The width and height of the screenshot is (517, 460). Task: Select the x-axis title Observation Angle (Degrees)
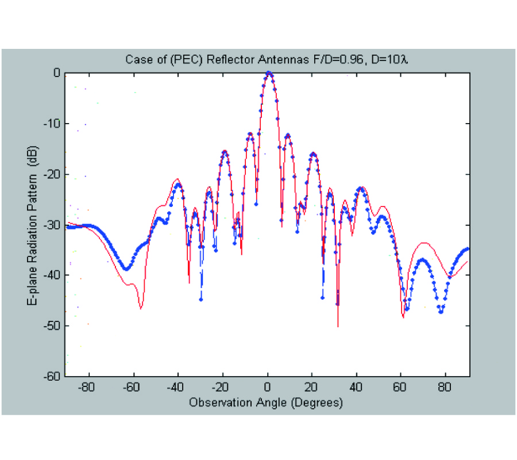(266, 402)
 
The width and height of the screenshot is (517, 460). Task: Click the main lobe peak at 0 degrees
(268, 73)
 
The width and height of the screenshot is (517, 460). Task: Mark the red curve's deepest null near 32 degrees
(338, 325)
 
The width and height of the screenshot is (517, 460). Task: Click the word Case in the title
(135, 59)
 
